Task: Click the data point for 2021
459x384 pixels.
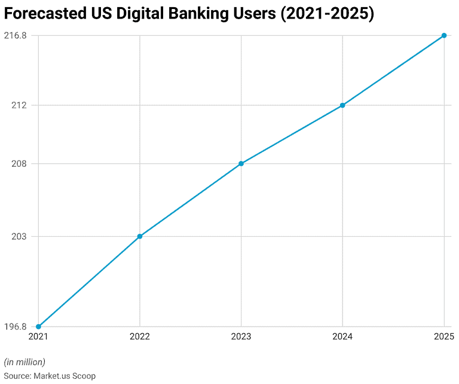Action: [x=38, y=327]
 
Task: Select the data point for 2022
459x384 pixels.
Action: [x=140, y=236]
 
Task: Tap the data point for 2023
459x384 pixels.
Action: [x=241, y=163]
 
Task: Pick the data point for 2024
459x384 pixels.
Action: [x=342, y=105]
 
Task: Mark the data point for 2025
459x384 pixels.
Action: [x=444, y=35]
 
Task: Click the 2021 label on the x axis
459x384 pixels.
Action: [x=38, y=337]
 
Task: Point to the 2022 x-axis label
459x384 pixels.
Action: [x=140, y=337]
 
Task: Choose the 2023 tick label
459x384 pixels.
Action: [x=241, y=337]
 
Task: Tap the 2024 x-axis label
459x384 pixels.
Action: [x=342, y=337]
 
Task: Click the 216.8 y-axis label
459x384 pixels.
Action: [x=15, y=35]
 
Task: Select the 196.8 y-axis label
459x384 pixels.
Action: [x=15, y=327]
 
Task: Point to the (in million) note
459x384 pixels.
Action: [x=25, y=362]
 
